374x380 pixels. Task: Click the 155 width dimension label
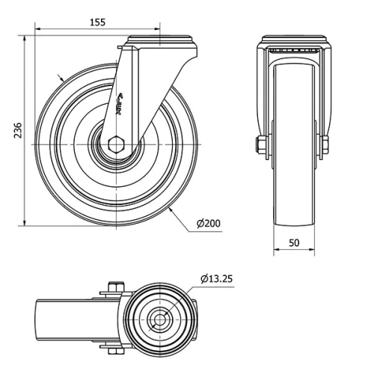(x=97, y=22)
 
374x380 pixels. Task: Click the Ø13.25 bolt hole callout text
(x=217, y=279)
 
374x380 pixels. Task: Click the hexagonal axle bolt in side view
(x=117, y=144)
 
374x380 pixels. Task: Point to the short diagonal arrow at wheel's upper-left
(x=61, y=79)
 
